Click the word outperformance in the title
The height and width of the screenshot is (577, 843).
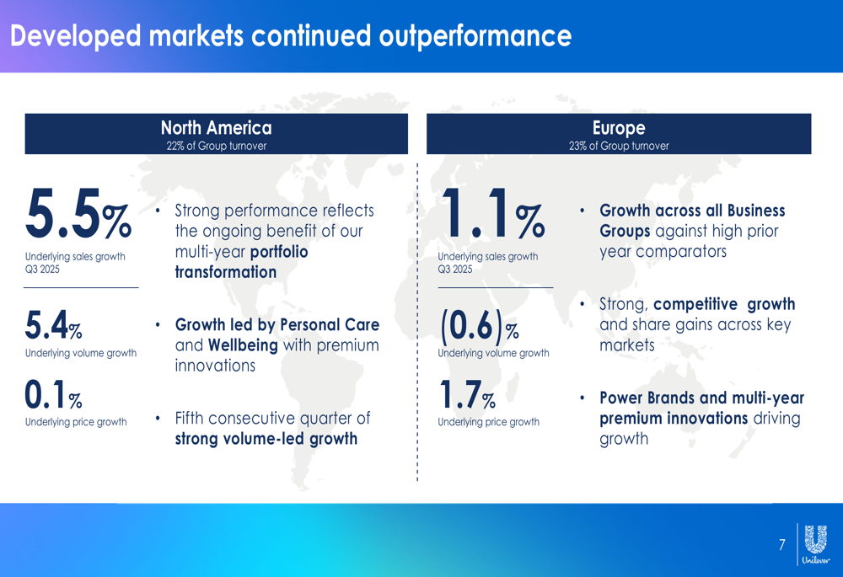475,36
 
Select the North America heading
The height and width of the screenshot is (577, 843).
216,128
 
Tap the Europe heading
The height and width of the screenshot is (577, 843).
619,128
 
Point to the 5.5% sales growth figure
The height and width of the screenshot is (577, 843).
78,213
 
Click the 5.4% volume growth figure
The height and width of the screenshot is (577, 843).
53,325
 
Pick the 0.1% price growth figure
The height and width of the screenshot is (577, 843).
53,394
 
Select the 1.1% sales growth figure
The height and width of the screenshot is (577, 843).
493,213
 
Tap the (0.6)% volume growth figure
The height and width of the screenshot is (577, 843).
480,327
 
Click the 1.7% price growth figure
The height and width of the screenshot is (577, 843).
467,394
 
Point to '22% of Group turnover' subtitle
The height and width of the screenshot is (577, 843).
216,146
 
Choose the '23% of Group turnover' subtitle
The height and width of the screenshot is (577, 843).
619,146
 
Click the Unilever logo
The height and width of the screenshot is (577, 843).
815,544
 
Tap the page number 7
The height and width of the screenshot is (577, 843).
781,545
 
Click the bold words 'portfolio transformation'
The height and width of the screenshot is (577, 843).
241,262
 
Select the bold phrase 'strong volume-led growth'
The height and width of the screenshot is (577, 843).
266,439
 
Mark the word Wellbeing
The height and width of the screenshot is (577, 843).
243,345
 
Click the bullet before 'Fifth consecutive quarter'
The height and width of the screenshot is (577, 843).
158,418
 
